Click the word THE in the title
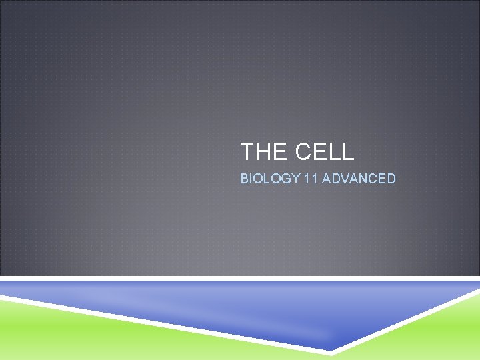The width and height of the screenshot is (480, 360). (x=263, y=152)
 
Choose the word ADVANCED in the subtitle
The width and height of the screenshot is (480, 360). (x=359, y=179)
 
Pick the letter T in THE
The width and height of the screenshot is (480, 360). (x=247, y=152)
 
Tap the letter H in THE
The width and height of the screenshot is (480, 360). (x=263, y=152)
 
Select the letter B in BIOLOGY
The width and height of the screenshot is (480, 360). (x=245, y=179)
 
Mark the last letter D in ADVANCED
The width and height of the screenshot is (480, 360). (x=391, y=179)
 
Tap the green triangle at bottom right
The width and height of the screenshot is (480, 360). (x=433, y=333)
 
